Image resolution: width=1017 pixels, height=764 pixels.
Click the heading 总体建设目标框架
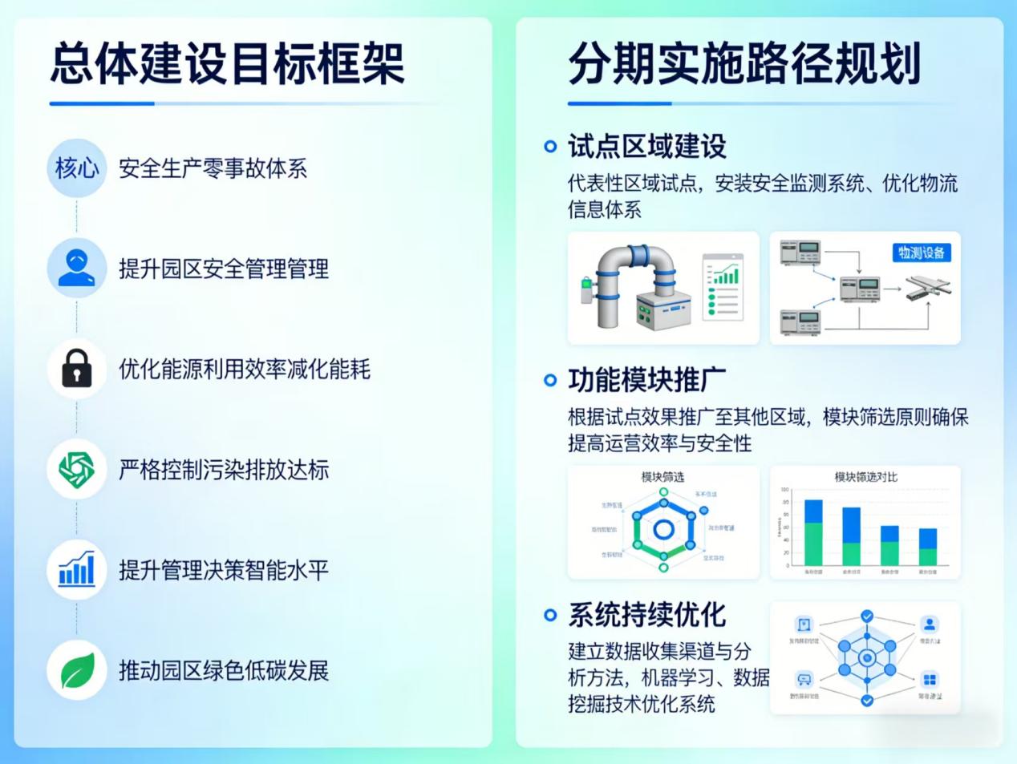[228, 64]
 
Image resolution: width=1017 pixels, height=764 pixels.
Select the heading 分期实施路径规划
[744, 64]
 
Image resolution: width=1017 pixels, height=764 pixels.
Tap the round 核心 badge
[76, 168]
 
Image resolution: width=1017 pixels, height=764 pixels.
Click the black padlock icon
[77, 369]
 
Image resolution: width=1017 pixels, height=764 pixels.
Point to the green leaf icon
[77, 670]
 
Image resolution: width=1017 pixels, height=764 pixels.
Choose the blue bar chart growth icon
[77, 569]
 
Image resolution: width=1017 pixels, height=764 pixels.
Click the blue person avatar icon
[77, 269]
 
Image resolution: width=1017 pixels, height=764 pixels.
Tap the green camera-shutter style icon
[77, 469]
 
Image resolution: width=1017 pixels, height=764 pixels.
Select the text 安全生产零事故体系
[213, 168]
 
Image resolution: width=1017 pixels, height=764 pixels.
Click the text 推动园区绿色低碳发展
[224, 670]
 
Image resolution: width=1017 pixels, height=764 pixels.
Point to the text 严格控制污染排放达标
[224, 470]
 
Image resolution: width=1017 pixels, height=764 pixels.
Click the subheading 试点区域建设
[646, 147]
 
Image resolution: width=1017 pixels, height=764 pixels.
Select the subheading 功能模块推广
[646, 380]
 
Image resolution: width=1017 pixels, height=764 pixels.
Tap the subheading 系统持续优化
[646, 615]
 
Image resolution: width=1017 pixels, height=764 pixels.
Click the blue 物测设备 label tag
[921, 253]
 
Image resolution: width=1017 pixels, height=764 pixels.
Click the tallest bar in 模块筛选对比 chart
[813, 532]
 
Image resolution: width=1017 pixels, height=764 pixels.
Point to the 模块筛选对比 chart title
[865, 477]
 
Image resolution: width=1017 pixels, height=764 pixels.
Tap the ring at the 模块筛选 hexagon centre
[663, 529]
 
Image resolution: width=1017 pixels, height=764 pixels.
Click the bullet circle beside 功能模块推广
[550, 380]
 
